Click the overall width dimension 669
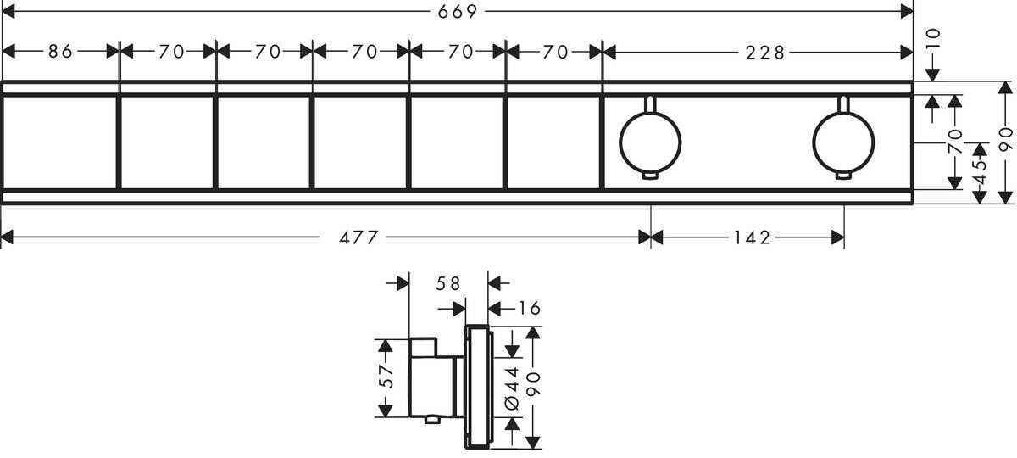(x=458, y=11)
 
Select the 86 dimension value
(x=59, y=52)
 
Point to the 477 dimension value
(x=358, y=238)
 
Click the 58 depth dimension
(x=448, y=284)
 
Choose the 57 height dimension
(x=386, y=377)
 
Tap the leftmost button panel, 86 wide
(x=59, y=142)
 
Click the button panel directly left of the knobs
(x=553, y=142)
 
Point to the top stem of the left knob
(x=650, y=104)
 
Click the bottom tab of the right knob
(x=842, y=176)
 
